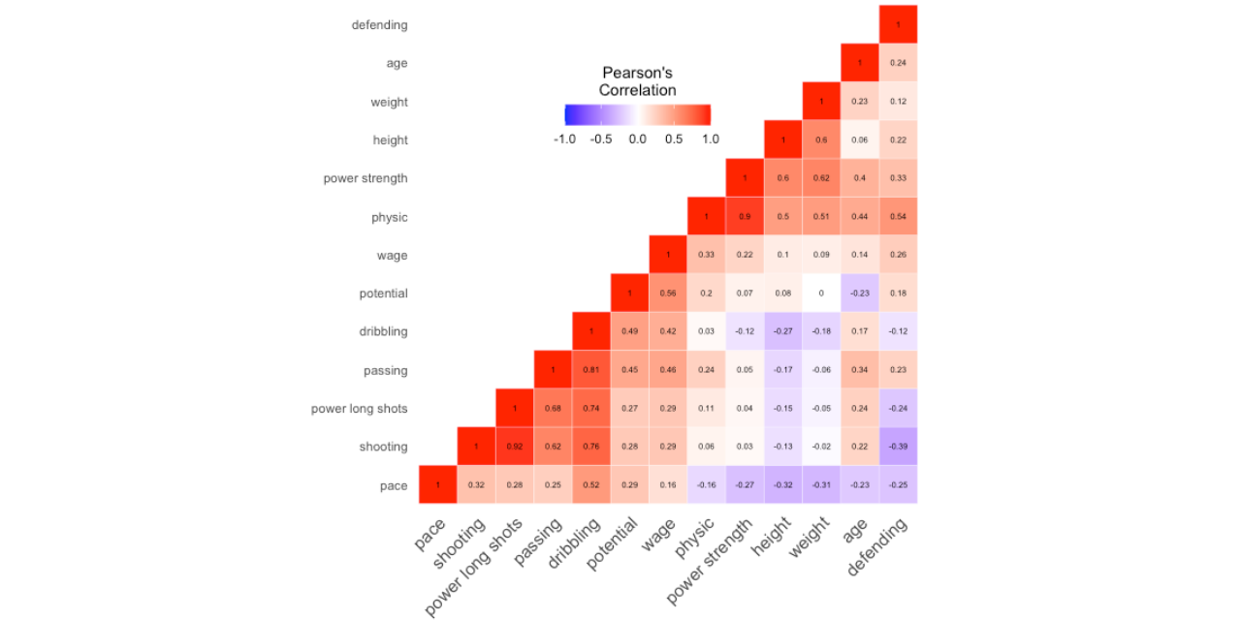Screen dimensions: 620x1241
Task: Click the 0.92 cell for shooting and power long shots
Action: (x=514, y=447)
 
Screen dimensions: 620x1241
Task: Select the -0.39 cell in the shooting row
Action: (x=898, y=447)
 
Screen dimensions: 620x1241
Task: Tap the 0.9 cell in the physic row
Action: (x=745, y=217)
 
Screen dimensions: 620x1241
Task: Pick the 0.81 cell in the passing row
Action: (x=591, y=370)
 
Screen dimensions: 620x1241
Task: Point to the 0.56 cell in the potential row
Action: (x=668, y=294)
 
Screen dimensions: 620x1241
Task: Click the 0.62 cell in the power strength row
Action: (x=821, y=178)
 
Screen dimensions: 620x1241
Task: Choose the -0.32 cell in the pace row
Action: (x=783, y=485)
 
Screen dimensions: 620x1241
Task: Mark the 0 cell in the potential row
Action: (x=821, y=294)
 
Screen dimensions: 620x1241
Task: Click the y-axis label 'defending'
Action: (x=379, y=25)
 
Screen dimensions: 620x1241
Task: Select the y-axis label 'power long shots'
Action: (x=359, y=409)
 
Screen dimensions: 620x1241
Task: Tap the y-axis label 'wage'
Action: (x=392, y=256)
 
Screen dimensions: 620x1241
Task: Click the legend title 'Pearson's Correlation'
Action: (x=637, y=81)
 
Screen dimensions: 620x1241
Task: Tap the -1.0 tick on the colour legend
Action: (x=564, y=139)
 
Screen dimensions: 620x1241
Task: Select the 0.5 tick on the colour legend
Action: (x=674, y=139)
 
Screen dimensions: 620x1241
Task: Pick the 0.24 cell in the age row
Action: (x=898, y=63)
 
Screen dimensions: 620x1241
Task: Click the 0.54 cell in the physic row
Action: (x=898, y=217)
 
